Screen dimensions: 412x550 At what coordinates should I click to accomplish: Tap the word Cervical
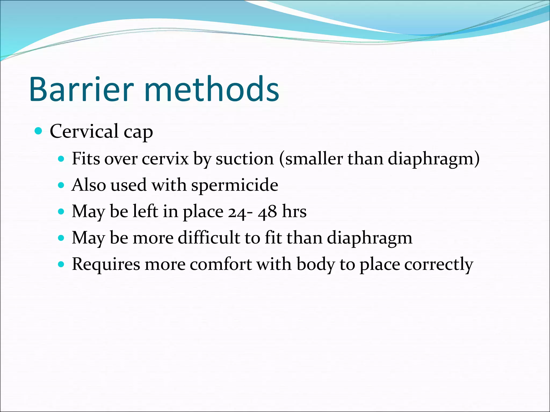84,131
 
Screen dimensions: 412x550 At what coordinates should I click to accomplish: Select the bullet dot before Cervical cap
39,131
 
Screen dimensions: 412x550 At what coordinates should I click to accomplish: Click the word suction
245,159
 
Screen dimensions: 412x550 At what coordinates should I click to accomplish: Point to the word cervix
165,159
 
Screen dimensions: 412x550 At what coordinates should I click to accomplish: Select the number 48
267,212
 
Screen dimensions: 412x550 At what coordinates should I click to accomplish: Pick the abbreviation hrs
294,212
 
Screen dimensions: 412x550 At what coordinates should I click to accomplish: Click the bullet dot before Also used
61,185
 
